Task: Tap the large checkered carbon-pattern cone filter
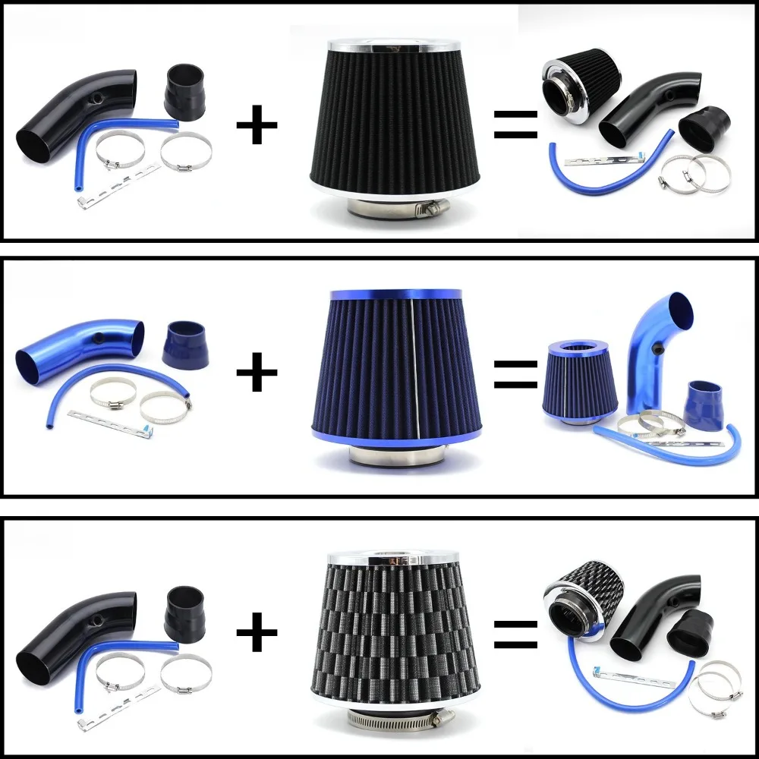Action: [x=393, y=626]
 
